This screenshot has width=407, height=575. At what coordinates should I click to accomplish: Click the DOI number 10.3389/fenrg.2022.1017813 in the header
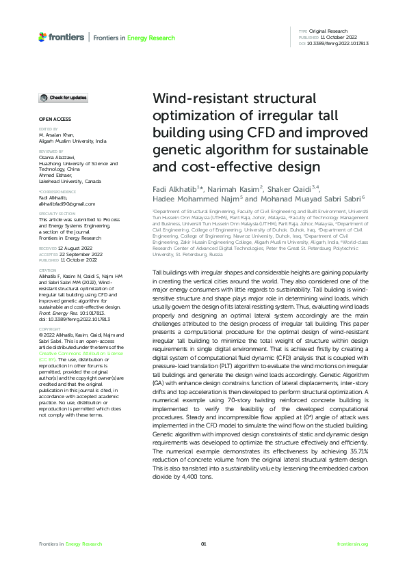(x=339, y=43)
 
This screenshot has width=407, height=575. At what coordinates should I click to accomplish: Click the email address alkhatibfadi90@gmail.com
(x=66, y=204)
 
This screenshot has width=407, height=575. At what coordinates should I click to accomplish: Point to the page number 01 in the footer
(x=203, y=544)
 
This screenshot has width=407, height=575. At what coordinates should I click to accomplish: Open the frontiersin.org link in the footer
(x=353, y=544)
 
